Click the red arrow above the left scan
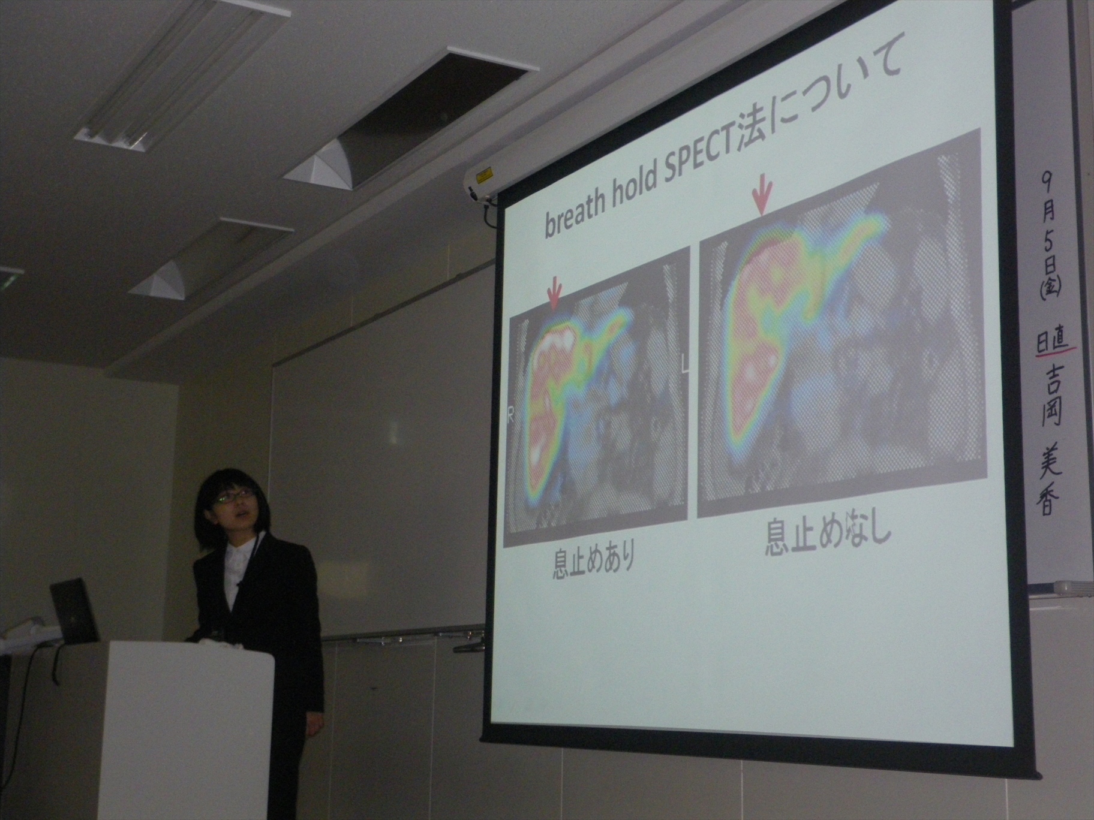554,293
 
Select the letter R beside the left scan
511,417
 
